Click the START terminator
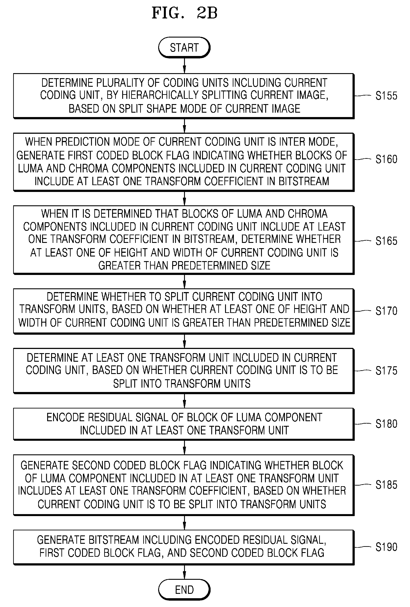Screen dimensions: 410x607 [184, 47]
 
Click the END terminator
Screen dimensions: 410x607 [184, 589]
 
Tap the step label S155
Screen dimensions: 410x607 [386, 96]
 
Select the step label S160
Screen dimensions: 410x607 [386, 159]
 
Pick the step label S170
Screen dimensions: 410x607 [386, 311]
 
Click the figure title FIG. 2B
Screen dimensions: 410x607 [184, 13]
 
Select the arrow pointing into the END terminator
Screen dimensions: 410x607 [184, 572]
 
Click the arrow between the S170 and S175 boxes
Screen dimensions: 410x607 [184, 341]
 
